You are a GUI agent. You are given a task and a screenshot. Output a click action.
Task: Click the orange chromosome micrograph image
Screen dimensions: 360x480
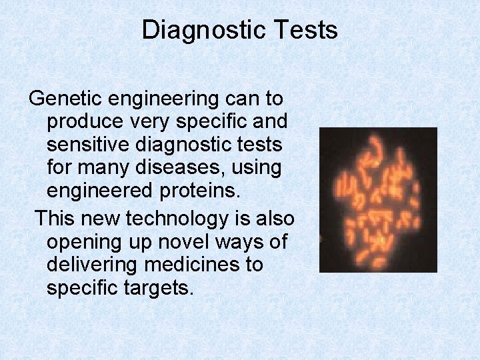(x=378, y=199)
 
